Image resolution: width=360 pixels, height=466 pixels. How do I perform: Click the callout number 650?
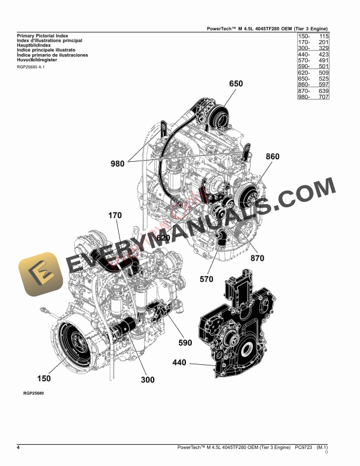pyautogui.click(x=235, y=84)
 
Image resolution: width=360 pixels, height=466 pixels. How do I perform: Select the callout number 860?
pyautogui.click(x=272, y=157)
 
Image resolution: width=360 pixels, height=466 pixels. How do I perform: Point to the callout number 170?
pyautogui.click(x=114, y=216)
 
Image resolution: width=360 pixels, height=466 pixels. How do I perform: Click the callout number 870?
pyautogui.click(x=257, y=258)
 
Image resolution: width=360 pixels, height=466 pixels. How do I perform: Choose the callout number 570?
pyautogui.click(x=206, y=279)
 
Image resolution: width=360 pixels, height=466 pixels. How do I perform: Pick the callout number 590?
pyautogui.click(x=185, y=342)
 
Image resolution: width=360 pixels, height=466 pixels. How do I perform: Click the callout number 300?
pyautogui.click(x=147, y=380)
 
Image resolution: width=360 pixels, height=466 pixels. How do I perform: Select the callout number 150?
pyautogui.click(x=44, y=378)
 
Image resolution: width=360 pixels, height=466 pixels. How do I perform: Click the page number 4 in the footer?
pyautogui.click(x=19, y=448)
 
